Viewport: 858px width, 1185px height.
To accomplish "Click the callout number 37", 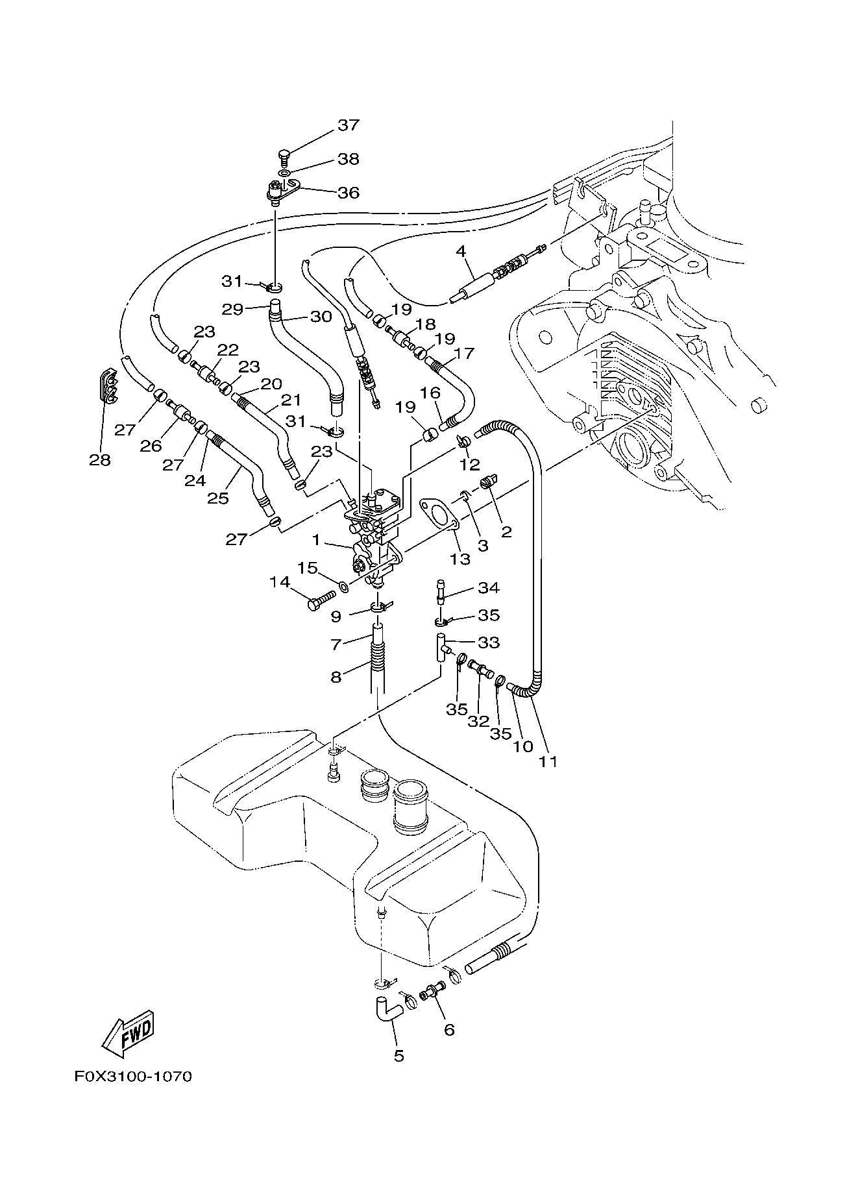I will [x=348, y=125].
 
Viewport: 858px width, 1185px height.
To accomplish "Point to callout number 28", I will [x=101, y=460].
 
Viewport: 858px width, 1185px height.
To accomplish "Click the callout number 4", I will [x=461, y=250].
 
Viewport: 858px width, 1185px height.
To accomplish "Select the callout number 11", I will [x=548, y=761].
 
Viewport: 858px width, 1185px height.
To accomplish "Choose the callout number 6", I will [x=449, y=1029].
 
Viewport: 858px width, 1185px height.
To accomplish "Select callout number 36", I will [x=348, y=193].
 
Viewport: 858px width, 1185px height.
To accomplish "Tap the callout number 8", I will [x=336, y=677].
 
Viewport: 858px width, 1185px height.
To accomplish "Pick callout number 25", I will [x=218, y=498].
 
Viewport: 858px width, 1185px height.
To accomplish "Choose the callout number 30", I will [x=321, y=316].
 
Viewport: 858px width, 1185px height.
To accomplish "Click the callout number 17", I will [x=465, y=354].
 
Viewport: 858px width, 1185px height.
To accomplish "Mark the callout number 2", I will [x=506, y=532].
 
